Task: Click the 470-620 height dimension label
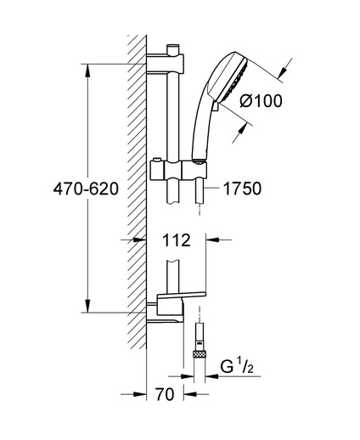tap(86, 189)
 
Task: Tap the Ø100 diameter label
tap(261, 101)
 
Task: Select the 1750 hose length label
tap(243, 189)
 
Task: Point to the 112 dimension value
tap(177, 240)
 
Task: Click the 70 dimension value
tap(165, 394)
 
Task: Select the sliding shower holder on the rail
tap(178, 171)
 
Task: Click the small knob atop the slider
tap(156, 161)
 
